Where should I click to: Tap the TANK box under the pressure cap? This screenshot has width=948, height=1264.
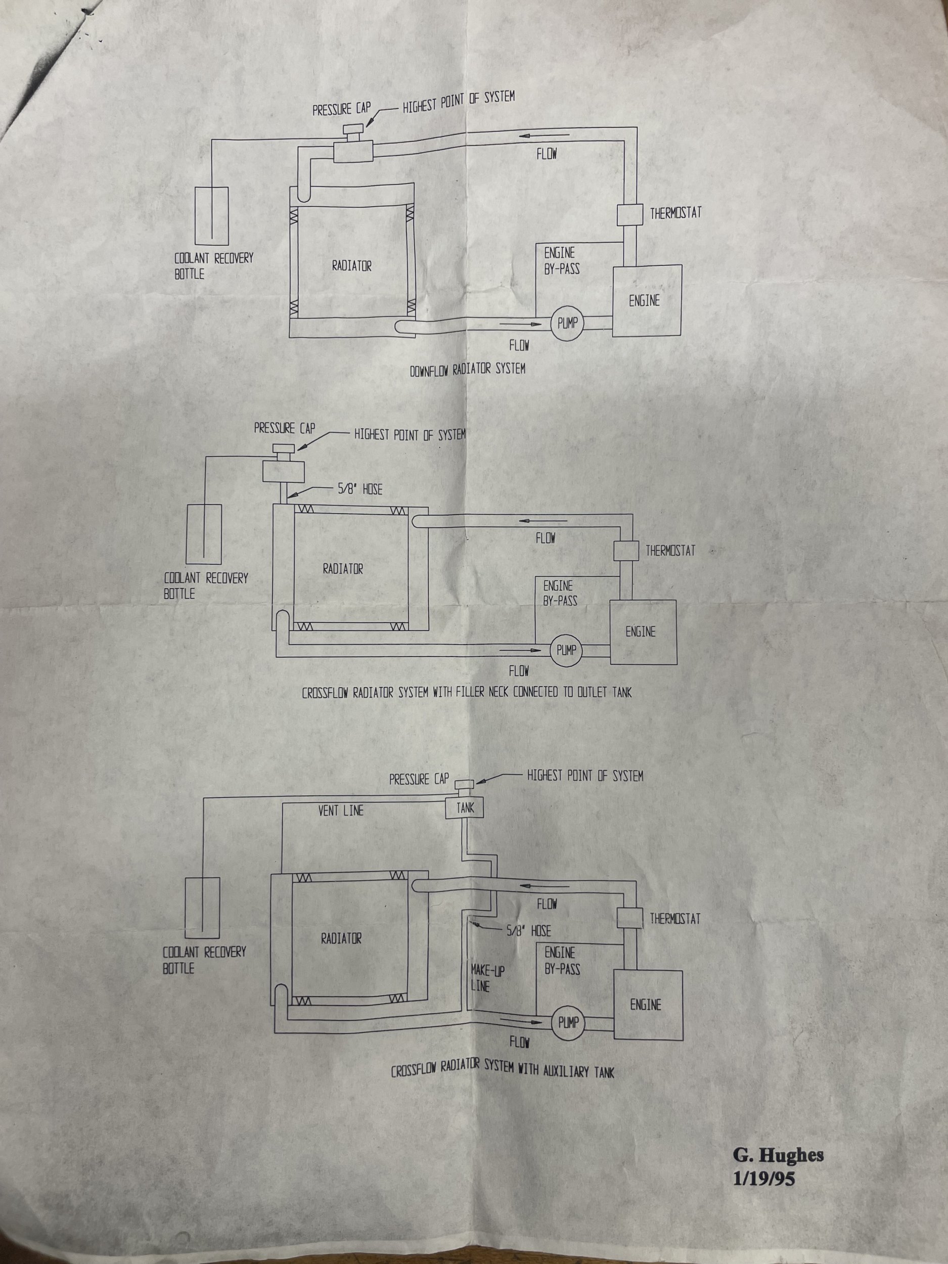pos(464,808)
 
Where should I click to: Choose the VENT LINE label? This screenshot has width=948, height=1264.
pos(341,810)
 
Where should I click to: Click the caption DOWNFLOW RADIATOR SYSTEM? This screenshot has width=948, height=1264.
pos(468,369)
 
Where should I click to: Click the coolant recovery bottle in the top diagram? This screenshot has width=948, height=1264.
pos(212,215)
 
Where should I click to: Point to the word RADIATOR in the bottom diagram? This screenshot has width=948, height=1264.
pos(341,938)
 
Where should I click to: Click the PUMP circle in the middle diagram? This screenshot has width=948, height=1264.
pos(566,650)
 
